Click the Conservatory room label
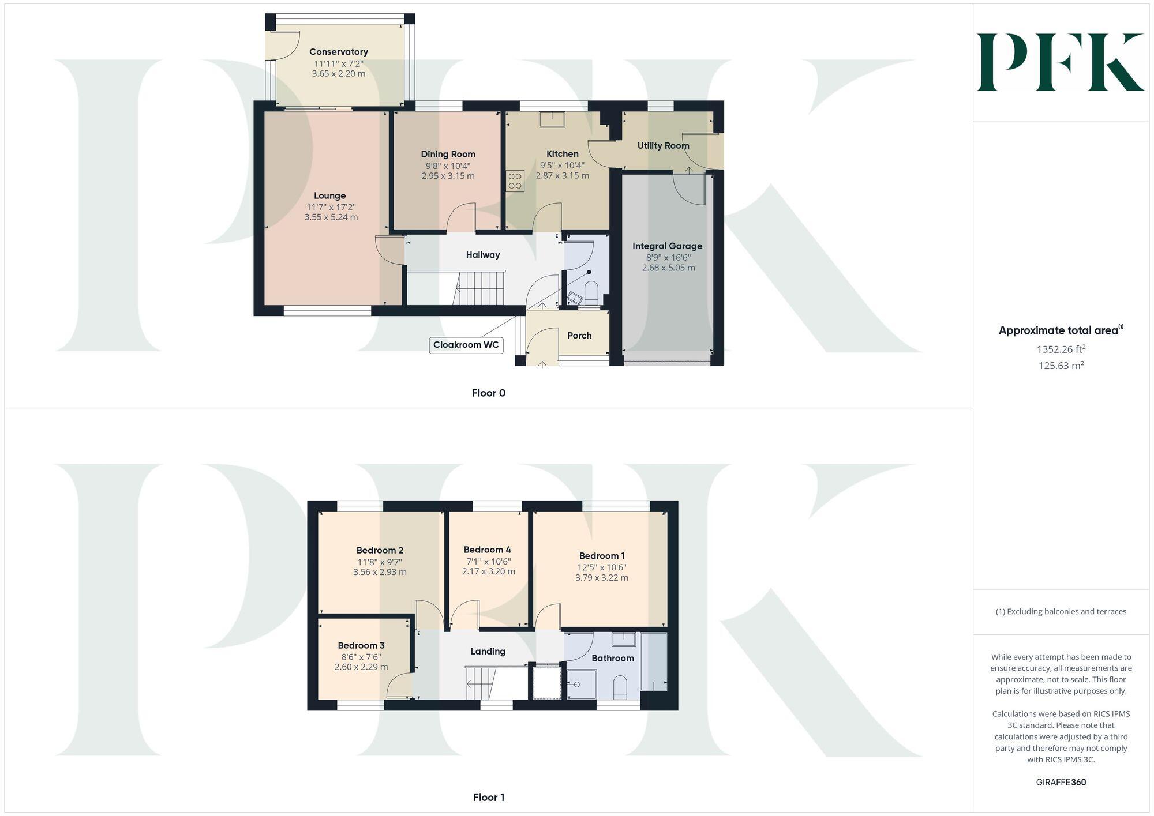[338, 52]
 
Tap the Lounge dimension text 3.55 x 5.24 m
[331, 217]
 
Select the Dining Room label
[448, 154]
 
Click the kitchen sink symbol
[552, 119]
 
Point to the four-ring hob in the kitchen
[515, 181]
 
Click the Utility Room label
[663, 146]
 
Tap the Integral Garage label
[667, 246]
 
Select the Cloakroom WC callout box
[466, 345]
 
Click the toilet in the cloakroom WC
[591, 292]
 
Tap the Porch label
[579, 336]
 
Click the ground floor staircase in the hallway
[481, 288]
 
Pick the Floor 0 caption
[488, 393]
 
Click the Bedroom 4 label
[487, 550]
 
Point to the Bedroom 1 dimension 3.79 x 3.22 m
[601, 578]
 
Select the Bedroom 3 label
[361, 646]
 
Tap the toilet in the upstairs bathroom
[620, 687]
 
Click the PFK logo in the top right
[1061, 62]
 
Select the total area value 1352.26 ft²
[1061, 349]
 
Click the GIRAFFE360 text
[1061, 783]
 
